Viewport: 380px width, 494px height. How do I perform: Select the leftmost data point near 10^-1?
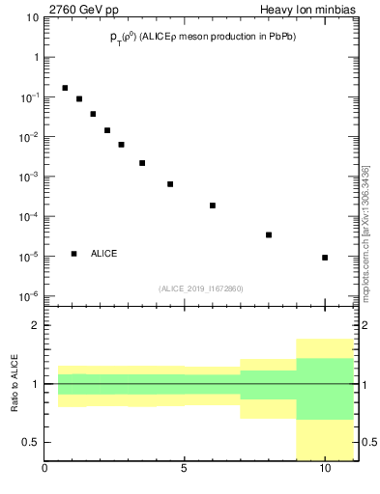pos(65,88)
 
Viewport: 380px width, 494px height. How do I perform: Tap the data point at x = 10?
pos(325,258)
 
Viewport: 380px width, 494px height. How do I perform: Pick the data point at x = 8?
pos(269,234)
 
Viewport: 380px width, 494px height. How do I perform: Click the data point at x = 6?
pos(213,206)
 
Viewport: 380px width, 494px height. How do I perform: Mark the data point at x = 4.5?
pos(170,184)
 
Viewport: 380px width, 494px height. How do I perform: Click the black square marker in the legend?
pos(73,254)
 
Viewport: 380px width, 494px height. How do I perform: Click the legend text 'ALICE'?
pos(104,254)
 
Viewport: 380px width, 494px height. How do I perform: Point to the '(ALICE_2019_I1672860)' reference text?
pos(201,288)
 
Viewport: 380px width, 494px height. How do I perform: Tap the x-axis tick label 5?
pos(185,470)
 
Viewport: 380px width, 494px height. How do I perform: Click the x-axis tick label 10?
pos(325,470)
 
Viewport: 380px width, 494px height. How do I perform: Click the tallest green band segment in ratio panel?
pos(325,389)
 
